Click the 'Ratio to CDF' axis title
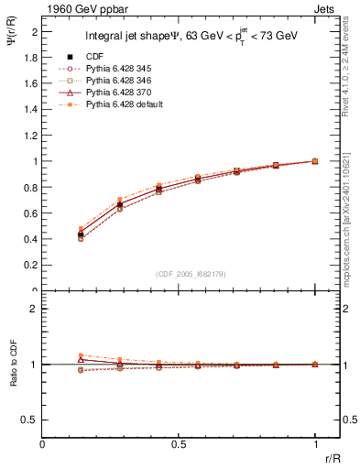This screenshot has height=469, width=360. (12, 365)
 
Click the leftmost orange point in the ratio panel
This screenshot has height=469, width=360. (82, 355)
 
